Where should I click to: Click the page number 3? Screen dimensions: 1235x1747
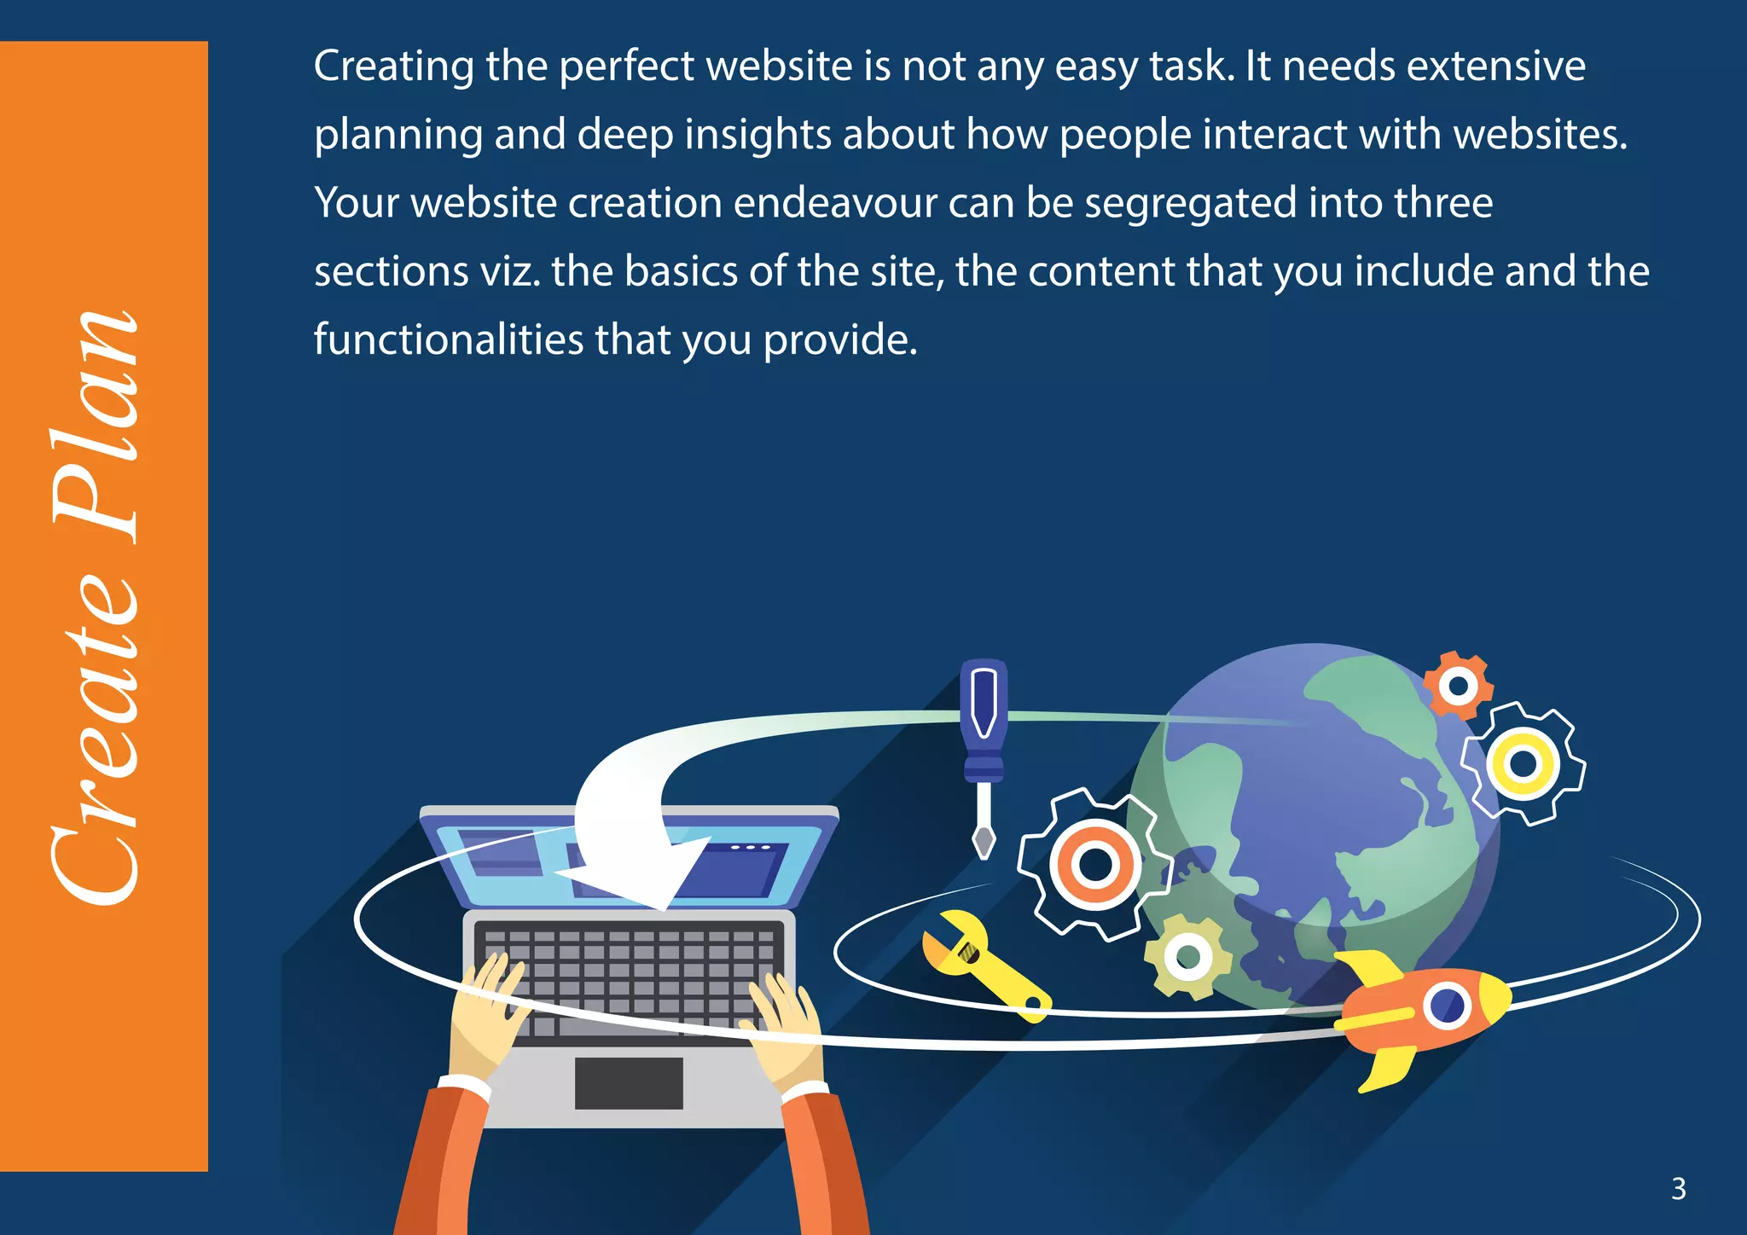[x=1678, y=1188]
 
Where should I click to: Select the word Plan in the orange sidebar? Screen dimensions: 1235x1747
[x=96, y=426]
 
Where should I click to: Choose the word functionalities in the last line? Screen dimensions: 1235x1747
[x=449, y=339]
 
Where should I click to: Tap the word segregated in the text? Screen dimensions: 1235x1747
[x=1190, y=203]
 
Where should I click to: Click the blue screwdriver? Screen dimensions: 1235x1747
[x=984, y=751]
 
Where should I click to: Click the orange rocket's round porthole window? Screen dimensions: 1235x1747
[x=1447, y=1005]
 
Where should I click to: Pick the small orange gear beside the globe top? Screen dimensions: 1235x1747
[x=1458, y=686]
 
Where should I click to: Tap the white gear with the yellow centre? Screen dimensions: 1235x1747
[x=1524, y=763]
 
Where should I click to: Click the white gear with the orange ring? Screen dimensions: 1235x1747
[x=1095, y=864]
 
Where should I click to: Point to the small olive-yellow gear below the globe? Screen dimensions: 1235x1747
[x=1187, y=956]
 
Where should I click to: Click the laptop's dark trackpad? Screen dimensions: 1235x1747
[x=629, y=1083]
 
